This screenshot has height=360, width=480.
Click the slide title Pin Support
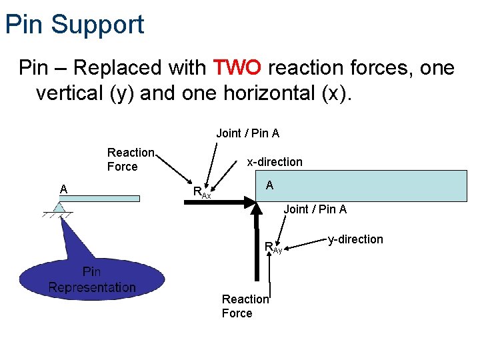[74, 25]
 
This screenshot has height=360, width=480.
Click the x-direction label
[274, 162]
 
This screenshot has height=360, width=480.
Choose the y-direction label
[355, 239]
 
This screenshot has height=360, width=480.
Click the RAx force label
[201, 193]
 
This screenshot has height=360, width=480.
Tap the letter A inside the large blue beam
[269, 185]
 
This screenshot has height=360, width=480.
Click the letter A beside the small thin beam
[63, 189]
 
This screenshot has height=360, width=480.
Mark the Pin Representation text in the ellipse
[92, 280]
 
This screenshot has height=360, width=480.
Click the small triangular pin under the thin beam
[59, 208]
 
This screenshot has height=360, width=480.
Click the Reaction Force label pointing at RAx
[131, 160]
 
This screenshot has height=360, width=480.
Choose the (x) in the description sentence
[333, 94]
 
